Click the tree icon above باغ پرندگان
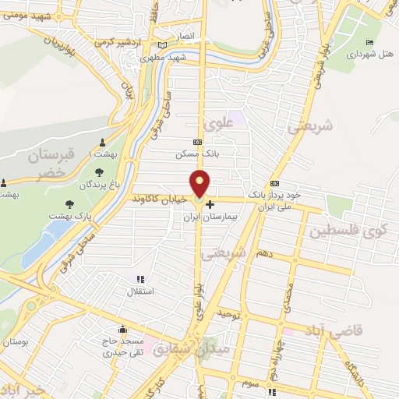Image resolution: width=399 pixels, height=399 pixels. [x=98, y=173]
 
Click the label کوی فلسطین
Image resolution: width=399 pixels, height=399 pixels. [x=351, y=231]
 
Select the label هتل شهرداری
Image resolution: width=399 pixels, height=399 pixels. [x=365, y=55]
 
